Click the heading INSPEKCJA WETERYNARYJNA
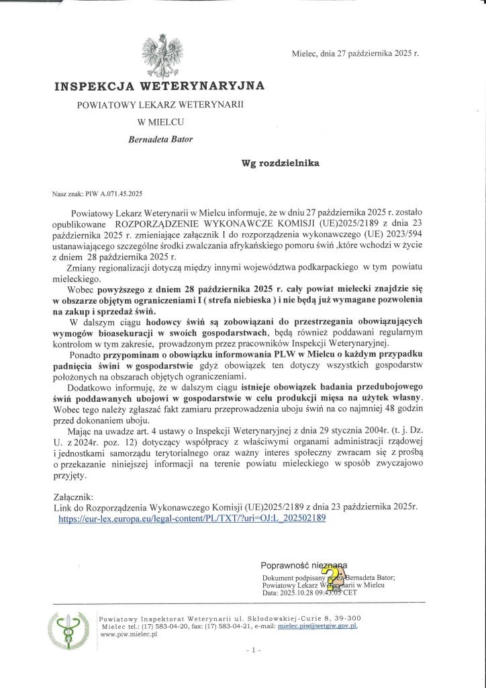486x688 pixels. [159, 86]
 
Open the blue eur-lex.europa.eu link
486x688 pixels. [192, 519]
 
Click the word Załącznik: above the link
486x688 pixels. [74, 498]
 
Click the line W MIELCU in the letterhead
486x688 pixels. [160, 122]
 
